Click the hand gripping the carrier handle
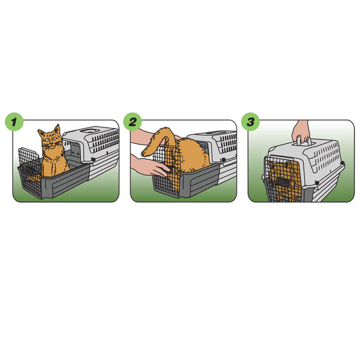pos(302,131)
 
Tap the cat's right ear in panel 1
pos(57,130)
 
